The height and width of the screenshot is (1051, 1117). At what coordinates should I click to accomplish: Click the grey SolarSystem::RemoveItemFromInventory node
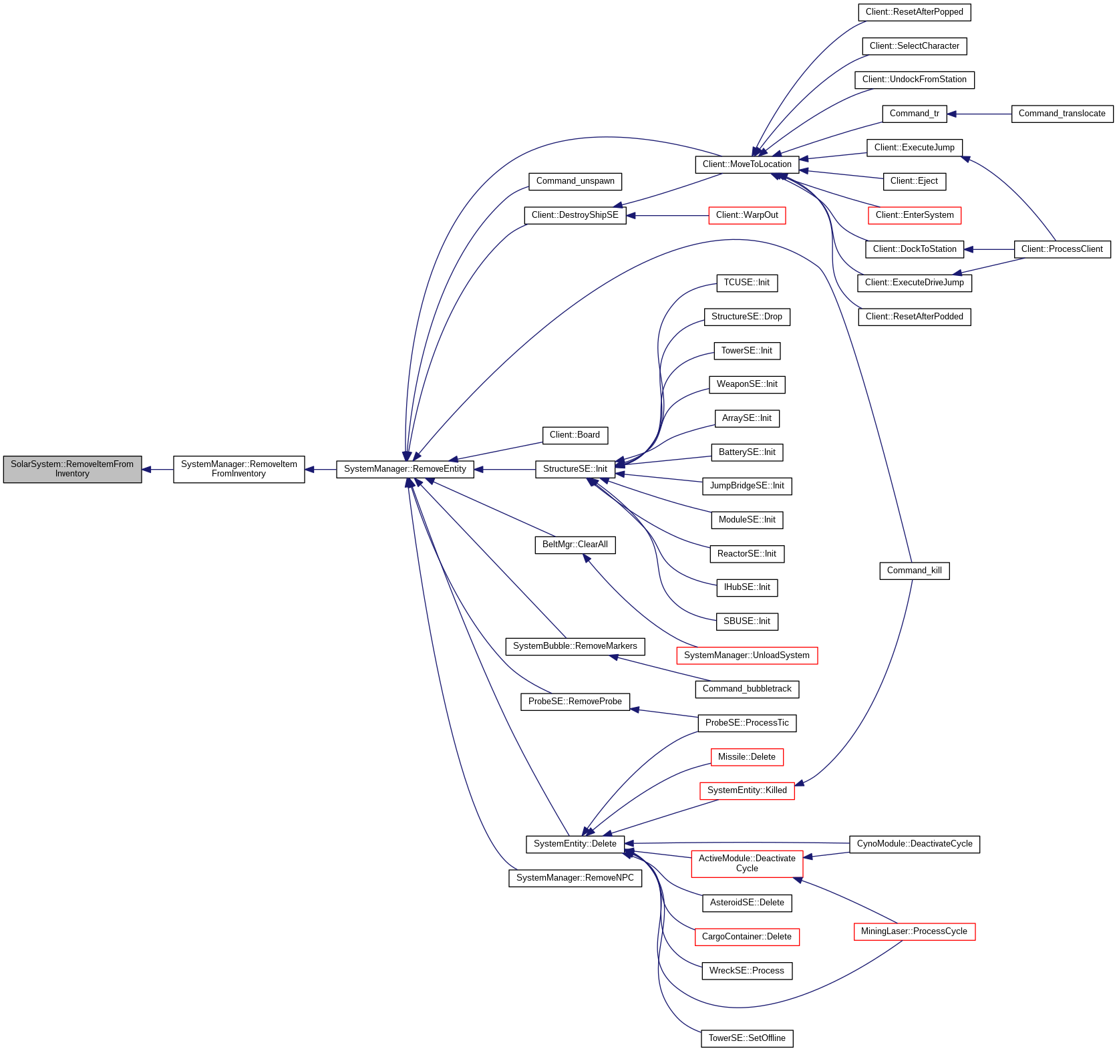click(x=72, y=469)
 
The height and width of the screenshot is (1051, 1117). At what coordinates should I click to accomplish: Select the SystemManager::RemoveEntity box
click(x=405, y=469)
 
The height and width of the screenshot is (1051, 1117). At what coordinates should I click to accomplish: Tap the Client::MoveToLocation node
click(x=747, y=164)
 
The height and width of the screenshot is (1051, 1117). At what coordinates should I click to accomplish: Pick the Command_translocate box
click(x=1062, y=114)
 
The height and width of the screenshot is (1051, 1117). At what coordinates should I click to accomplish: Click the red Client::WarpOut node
click(x=747, y=215)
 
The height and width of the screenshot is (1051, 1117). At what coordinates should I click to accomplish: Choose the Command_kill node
click(x=914, y=571)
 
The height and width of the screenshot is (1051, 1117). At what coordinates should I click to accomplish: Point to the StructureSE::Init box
click(x=575, y=469)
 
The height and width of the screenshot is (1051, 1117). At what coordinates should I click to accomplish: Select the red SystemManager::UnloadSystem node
click(x=746, y=655)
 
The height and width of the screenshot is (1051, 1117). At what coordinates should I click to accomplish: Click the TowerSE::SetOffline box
click(x=747, y=1038)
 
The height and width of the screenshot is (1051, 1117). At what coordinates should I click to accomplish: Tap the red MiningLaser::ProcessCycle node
click(x=914, y=931)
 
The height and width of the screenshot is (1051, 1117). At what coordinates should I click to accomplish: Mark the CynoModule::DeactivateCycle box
click(x=914, y=844)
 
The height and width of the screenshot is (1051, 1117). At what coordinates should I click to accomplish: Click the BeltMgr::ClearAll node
click(x=575, y=545)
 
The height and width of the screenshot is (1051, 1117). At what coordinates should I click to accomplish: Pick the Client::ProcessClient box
click(x=1062, y=249)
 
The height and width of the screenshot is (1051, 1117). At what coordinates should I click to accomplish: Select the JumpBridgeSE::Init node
click(x=747, y=486)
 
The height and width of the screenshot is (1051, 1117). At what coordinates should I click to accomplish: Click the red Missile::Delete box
click(x=746, y=757)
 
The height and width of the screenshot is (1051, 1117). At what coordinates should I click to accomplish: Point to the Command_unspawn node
click(x=575, y=181)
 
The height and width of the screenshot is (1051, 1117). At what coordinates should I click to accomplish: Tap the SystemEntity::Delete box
click(x=575, y=844)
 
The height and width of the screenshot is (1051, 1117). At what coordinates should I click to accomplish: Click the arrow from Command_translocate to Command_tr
click(x=979, y=114)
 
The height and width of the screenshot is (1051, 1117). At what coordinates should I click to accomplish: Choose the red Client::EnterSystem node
click(x=914, y=215)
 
